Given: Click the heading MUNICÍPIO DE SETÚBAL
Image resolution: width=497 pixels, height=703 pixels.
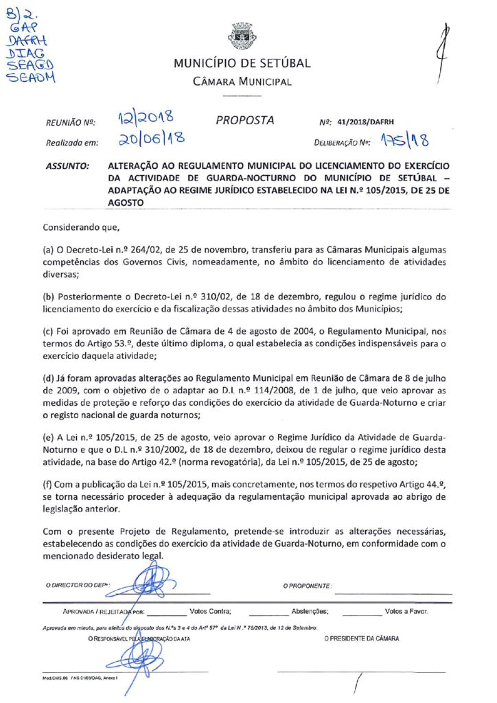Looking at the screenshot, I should (242, 64).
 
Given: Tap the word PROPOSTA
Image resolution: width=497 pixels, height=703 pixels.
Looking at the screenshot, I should (245, 121).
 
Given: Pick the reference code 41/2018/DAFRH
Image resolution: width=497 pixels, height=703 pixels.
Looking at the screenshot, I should (371, 122).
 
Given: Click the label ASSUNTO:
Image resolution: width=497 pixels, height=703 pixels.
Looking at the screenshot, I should (67, 166).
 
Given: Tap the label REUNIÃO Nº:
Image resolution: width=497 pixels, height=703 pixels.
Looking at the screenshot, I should (70, 123).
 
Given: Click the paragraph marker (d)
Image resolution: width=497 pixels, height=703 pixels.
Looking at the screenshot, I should (50, 377).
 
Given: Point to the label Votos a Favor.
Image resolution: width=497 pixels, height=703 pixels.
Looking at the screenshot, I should (407, 610).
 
